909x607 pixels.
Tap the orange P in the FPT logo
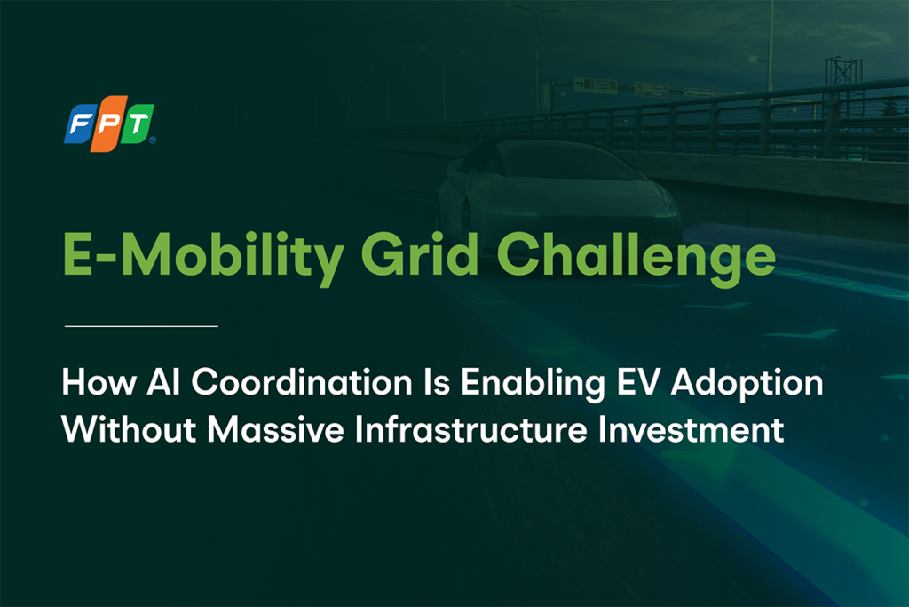(109, 124)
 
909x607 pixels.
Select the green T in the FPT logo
(138, 123)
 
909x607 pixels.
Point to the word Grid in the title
(420, 254)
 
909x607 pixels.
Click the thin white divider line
(141, 326)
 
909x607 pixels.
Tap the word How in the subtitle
(99, 382)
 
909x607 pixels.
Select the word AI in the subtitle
(163, 382)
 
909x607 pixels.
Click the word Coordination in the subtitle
(302, 382)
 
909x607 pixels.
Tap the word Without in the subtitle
(129, 429)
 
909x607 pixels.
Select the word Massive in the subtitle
(275, 429)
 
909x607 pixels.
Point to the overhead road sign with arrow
(595, 86)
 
